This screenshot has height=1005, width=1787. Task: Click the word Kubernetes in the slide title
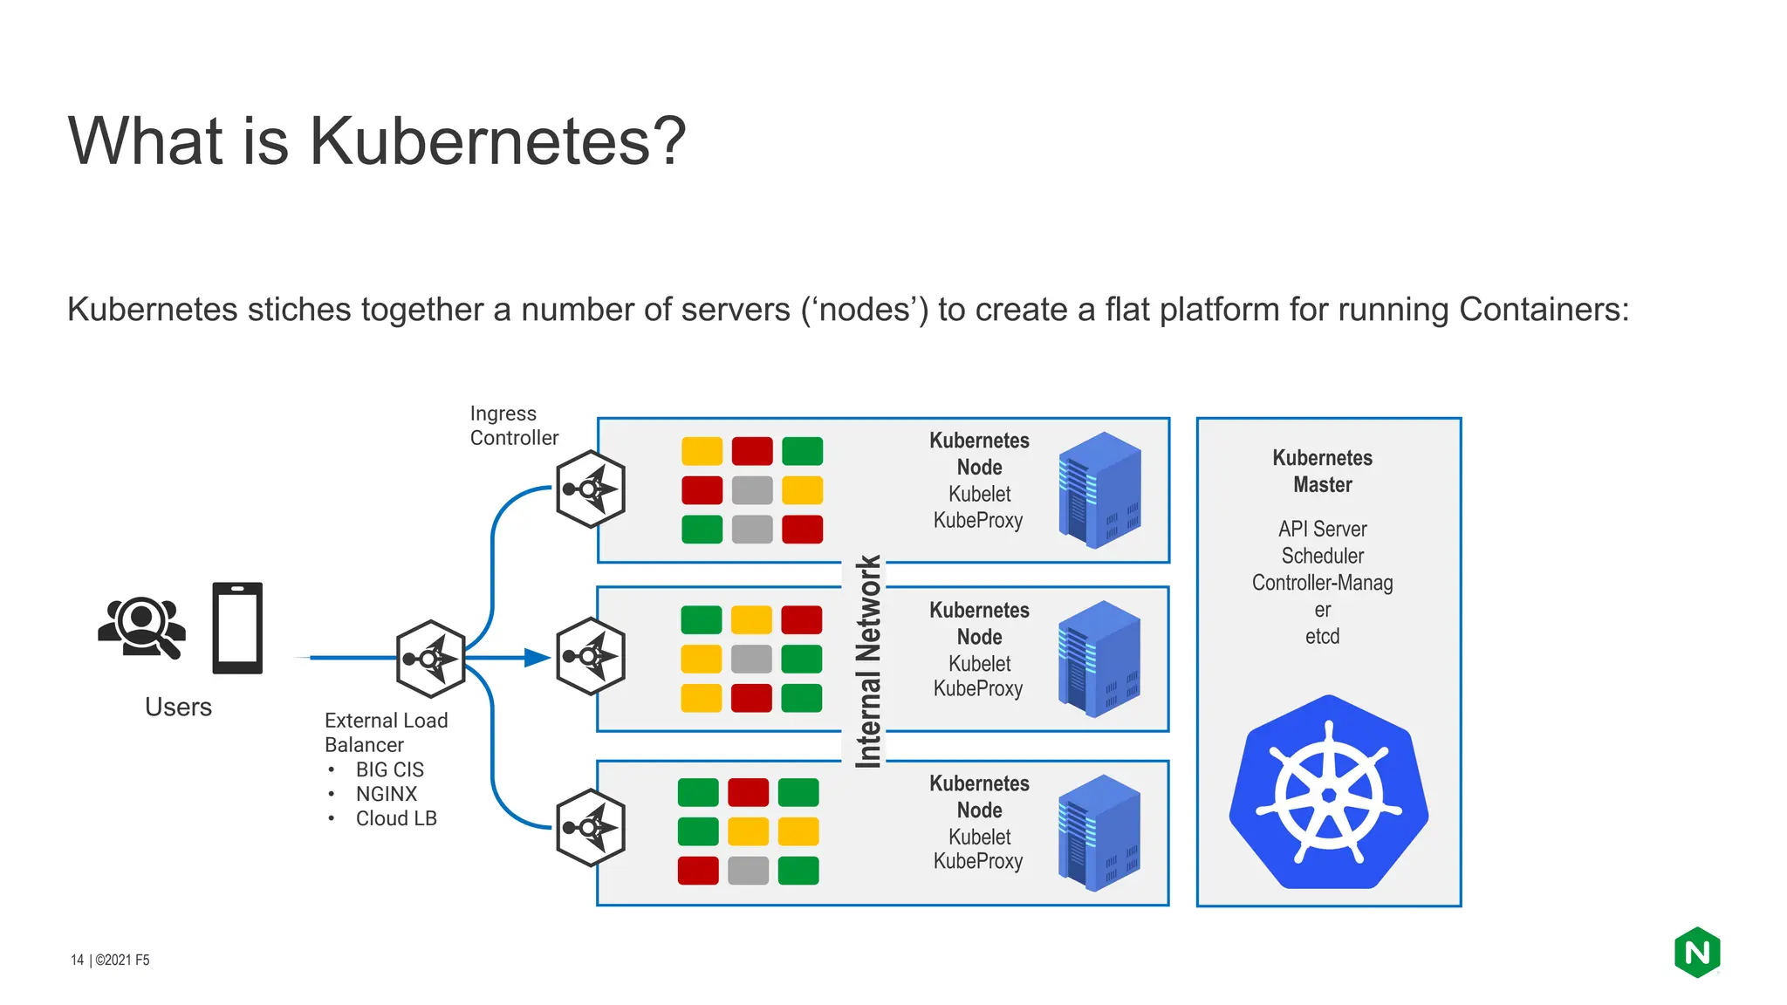pyautogui.click(x=483, y=141)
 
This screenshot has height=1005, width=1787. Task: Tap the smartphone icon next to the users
pyautogui.click(x=237, y=628)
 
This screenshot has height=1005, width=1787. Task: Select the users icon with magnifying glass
pyautogui.click(x=142, y=626)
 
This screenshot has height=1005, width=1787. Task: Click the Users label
pyautogui.click(x=178, y=707)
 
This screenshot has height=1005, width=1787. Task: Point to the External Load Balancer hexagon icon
pyautogui.click(x=430, y=659)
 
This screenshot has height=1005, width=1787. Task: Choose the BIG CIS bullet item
pyautogui.click(x=389, y=769)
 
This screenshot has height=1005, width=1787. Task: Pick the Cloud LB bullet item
pyautogui.click(x=395, y=818)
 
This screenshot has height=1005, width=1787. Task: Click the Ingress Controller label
pyautogui.click(x=513, y=426)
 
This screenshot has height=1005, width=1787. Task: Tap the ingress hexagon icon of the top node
pyautogui.click(x=591, y=489)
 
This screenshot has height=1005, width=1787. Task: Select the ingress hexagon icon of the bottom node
pyautogui.click(x=591, y=828)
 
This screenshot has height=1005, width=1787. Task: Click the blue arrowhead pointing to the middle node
pyautogui.click(x=536, y=658)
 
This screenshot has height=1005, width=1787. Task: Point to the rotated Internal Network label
pyautogui.click(x=867, y=662)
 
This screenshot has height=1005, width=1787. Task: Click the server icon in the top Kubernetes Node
pyautogui.click(x=1099, y=489)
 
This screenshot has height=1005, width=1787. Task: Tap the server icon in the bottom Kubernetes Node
pyautogui.click(x=1099, y=832)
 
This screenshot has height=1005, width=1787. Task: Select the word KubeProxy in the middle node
pyautogui.click(x=978, y=688)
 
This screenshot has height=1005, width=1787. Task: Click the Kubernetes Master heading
pyautogui.click(x=1322, y=471)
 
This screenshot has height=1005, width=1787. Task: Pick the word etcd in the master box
pyautogui.click(x=1322, y=636)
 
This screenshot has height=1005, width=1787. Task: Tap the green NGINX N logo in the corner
pyautogui.click(x=1697, y=953)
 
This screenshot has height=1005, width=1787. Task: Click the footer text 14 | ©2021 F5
pyautogui.click(x=110, y=960)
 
